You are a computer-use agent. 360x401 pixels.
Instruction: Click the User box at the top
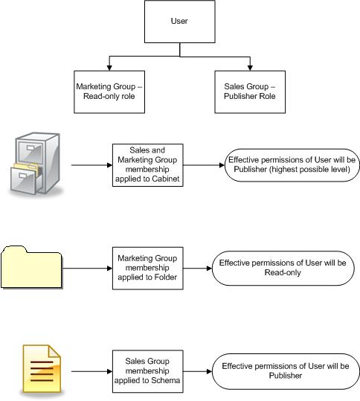coord(179,21)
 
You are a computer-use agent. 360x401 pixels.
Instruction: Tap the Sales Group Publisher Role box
coord(249,92)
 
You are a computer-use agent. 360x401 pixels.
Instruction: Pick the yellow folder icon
coord(32,266)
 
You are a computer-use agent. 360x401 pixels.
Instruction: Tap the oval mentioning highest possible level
coord(294,164)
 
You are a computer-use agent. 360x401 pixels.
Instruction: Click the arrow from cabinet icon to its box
coord(91,164)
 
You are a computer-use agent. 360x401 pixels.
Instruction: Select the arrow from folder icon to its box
coord(88,267)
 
